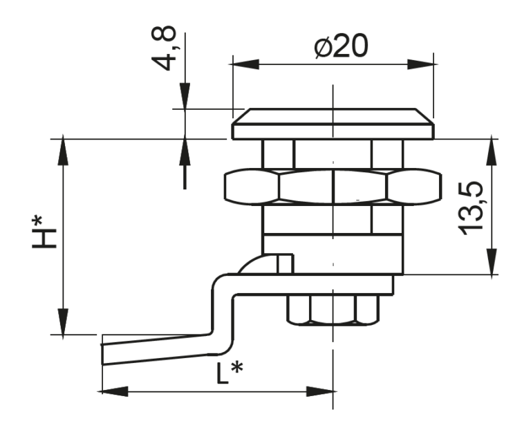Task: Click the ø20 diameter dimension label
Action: (x=341, y=46)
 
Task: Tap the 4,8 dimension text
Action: (x=164, y=48)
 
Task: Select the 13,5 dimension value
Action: (x=470, y=208)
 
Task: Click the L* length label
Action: (x=230, y=373)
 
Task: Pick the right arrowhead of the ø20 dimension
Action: (x=420, y=64)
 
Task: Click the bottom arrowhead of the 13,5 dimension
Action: (x=492, y=261)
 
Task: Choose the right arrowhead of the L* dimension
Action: (x=319, y=391)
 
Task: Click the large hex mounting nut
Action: (x=333, y=187)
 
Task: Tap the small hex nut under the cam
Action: (x=333, y=310)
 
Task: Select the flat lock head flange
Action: (x=333, y=124)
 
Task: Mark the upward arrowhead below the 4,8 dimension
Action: (x=185, y=152)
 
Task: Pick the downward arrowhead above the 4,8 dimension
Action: (x=185, y=96)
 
